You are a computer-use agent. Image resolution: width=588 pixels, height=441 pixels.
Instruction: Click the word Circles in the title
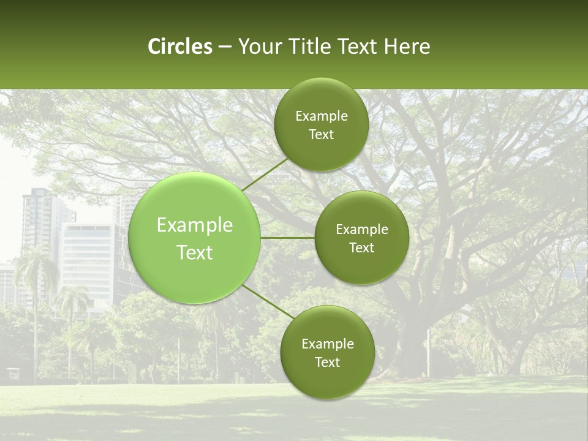(x=179, y=47)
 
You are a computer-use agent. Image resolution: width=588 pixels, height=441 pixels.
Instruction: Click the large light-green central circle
(x=195, y=238)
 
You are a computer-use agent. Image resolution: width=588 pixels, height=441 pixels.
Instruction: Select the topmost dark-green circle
(x=321, y=124)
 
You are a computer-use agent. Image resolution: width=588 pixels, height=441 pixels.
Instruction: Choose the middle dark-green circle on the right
(x=361, y=238)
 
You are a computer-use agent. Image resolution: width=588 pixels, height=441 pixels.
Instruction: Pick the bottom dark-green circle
(x=327, y=352)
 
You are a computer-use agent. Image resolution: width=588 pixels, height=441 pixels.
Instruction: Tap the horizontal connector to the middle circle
(x=287, y=238)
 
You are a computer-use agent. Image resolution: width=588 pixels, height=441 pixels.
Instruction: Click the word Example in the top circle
(x=321, y=116)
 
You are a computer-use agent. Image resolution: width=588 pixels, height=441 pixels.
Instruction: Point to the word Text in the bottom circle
(x=327, y=362)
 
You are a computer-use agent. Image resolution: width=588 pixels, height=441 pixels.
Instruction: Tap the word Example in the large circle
(x=195, y=225)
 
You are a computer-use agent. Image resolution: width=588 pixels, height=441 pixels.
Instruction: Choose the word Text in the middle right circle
(x=361, y=247)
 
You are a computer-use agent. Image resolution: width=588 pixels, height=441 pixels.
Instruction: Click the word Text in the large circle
(x=195, y=252)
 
